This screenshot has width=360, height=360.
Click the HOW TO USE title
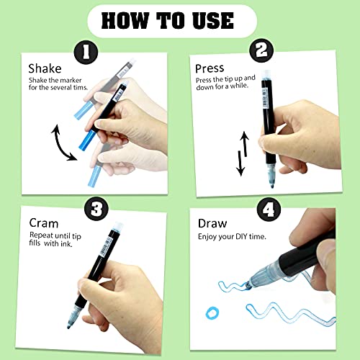(180, 19)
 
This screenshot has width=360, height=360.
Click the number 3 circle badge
(96, 209)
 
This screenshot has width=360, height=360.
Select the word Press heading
(210, 68)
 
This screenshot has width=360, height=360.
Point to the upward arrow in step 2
(244, 144)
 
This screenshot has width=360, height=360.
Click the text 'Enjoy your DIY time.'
(232, 237)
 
